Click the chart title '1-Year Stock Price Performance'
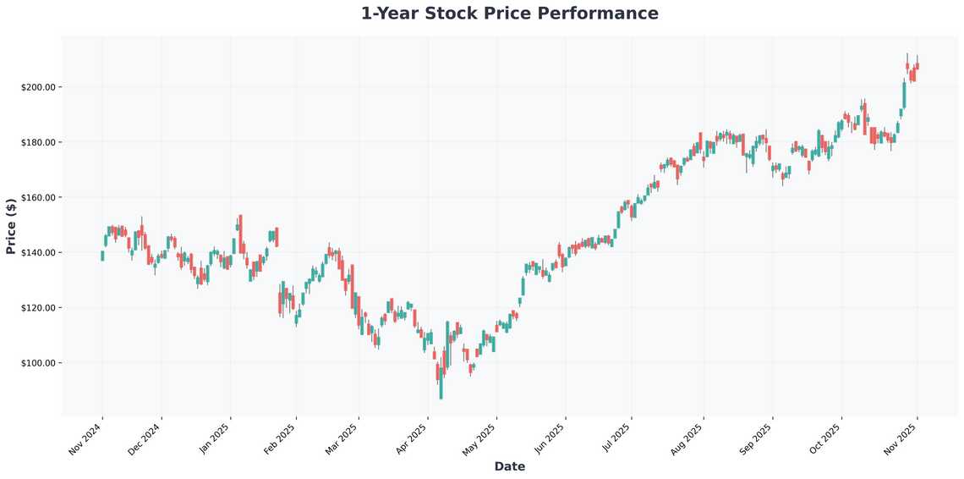click(509, 14)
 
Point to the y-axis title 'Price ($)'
click(11, 227)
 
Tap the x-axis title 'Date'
click(509, 466)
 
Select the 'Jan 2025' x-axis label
click(213, 439)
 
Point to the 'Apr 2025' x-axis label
click(412, 439)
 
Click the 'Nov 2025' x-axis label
click(901, 439)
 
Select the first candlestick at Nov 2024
click(102, 256)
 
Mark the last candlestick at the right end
click(917, 66)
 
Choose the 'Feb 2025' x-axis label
click(281, 439)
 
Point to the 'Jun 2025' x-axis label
click(550, 439)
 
